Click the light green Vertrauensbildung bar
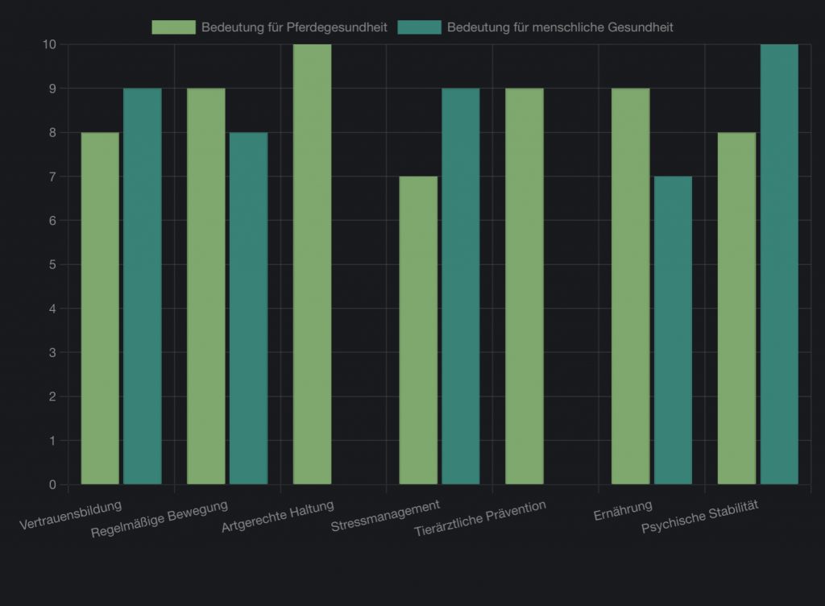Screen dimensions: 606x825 tap(100, 308)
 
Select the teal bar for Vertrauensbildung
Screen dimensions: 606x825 tap(142, 286)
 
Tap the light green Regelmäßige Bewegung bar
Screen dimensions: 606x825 tap(205, 286)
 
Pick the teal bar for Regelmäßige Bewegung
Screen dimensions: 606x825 tap(248, 308)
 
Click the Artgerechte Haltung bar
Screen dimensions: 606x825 tap(312, 264)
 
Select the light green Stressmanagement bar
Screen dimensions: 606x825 tap(418, 330)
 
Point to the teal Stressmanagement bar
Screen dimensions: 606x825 tap(460, 286)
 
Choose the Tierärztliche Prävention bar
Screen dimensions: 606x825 tap(524, 286)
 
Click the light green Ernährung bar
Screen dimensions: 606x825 tap(630, 286)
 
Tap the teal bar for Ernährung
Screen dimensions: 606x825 tap(673, 330)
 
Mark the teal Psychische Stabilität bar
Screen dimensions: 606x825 tap(779, 264)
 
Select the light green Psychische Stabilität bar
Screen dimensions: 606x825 tap(736, 308)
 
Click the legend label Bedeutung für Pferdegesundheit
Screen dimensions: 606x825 tap(294, 27)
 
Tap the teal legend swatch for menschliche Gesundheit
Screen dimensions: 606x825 tap(420, 27)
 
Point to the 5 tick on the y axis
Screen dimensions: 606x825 tap(52, 264)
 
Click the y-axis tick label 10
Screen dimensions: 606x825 tap(50, 44)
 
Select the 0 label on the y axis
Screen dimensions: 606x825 tap(52, 484)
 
